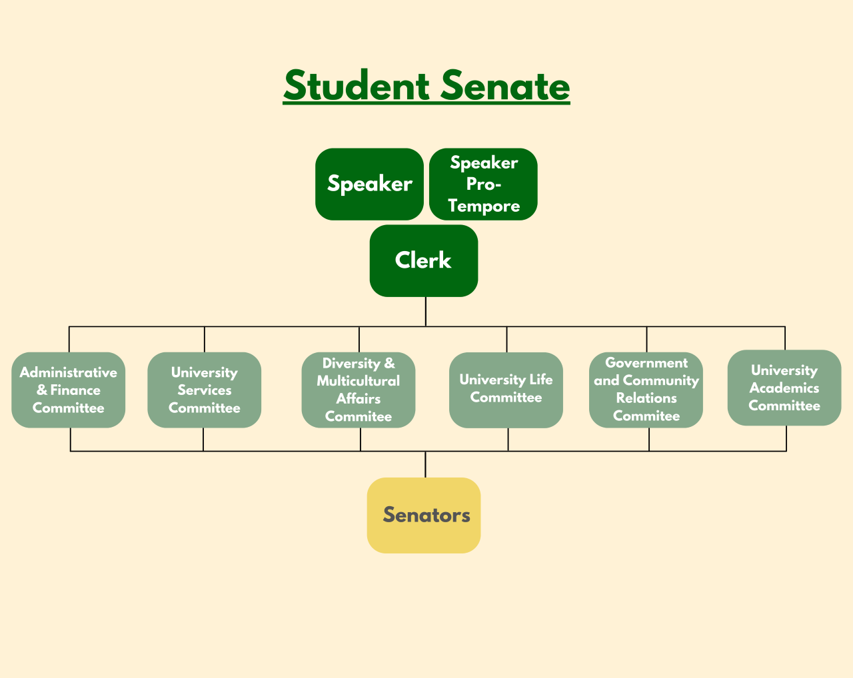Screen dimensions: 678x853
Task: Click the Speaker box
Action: (369, 184)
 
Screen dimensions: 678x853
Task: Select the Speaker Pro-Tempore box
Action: (483, 184)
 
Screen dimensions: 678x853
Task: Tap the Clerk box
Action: (424, 260)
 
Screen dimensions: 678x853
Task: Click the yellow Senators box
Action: (424, 515)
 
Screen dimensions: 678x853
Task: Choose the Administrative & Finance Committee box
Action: (69, 390)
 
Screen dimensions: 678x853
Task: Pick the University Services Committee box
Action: (204, 390)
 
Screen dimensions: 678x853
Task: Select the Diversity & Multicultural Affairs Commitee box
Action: (359, 390)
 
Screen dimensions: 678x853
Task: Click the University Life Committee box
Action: (506, 390)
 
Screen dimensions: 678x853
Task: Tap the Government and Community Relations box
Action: (646, 390)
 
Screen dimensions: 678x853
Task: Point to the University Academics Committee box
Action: (784, 388)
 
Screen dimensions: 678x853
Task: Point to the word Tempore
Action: (484, 206)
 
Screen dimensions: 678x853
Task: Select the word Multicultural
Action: (359, 381)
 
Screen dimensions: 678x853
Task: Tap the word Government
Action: (646, 363)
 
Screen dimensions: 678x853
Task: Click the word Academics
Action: (784, 388)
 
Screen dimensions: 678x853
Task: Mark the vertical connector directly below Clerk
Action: (426, 311)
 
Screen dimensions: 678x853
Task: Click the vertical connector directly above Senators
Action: (425, 464)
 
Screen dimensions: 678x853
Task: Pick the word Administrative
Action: (69, 372)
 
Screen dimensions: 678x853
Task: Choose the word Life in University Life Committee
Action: (540, 380)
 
